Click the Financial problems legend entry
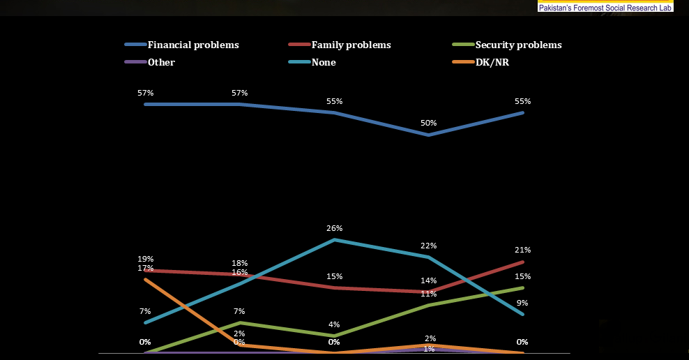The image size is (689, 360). pos(182,45)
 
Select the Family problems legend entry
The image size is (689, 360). pos(340,45)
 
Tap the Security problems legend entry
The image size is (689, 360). pos(507,45)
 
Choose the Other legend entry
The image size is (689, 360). pos(150,62)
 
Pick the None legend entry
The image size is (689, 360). pos(312,62)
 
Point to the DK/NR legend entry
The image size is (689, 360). pos(480,62)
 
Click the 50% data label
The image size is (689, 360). pos(428,123)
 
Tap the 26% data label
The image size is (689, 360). pos(335,228)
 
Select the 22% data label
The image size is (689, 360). pos(428,246)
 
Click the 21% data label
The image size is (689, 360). pos(522,250)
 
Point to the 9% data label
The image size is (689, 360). pos(522,303)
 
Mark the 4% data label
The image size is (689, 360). pos(334,324)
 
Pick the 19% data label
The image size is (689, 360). pos(146,259)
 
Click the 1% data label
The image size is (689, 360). pos(429,349)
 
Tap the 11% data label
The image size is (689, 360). pos(428,294)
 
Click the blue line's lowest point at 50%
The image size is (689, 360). pos(428,135)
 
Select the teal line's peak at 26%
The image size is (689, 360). pos(335,240)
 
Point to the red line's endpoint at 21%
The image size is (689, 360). pos(522,262)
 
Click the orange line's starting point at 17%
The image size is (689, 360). pos(146,279)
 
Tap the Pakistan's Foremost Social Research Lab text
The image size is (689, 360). pos(605,8)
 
